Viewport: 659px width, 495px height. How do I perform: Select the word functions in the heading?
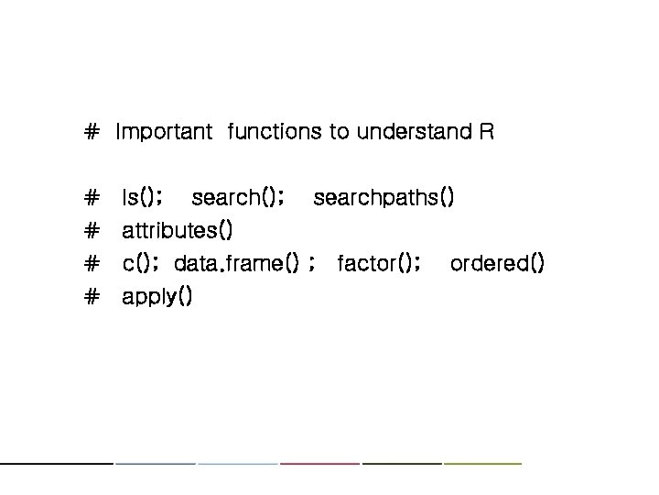(x=275, y=132)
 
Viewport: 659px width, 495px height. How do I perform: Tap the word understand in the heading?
(x=413, y=132)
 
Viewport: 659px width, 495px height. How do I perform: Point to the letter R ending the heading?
(x=486, y=132)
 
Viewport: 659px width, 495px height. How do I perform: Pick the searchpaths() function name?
(x=383, y=198)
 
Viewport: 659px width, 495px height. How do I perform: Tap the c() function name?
(x=141, y=264)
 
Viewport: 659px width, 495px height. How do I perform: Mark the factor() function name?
(x=378, y=264)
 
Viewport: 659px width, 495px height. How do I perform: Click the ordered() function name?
(x=498, y=264)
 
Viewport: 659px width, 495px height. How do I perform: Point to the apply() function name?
(x=157, y=297)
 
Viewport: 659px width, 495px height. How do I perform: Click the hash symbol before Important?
(x=91, y=132)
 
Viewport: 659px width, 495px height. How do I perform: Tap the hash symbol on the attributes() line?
(x=91, y=231)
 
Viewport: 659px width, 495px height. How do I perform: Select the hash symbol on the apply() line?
(x=91, y=297)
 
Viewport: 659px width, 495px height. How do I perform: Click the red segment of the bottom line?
(x=319, y=463)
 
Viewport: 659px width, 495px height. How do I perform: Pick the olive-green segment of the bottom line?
(x=482, y=463)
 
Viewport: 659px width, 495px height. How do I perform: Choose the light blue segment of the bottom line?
(x=237, y=463)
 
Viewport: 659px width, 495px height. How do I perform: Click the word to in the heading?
(x=340, y=132)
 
